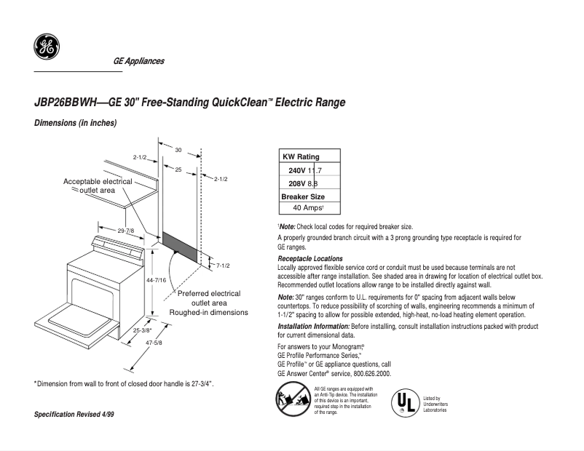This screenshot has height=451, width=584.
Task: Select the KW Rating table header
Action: click(x=301, y=157)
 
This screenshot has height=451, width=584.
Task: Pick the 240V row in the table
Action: click(x=305, y=170)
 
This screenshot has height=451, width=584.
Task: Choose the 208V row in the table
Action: click(x=305, y=183)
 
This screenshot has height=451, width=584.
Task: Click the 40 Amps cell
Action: click(x=309, y=208)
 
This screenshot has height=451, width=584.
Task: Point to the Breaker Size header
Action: click(x=303, y=196)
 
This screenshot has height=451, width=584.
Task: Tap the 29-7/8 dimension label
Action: click(x=126, y=231)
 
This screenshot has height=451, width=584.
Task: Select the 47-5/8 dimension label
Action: click(x=153, y=343)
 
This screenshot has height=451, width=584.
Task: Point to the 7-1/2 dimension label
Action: click(x=223, y=265)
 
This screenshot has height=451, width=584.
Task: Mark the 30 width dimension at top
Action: click(x=178, y=149)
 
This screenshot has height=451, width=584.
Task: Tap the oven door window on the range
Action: click(x=89, y=284)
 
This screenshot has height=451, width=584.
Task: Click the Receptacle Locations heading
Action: click(x=310, y=259)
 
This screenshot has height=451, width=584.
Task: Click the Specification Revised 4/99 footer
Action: click(x=75, y=414)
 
